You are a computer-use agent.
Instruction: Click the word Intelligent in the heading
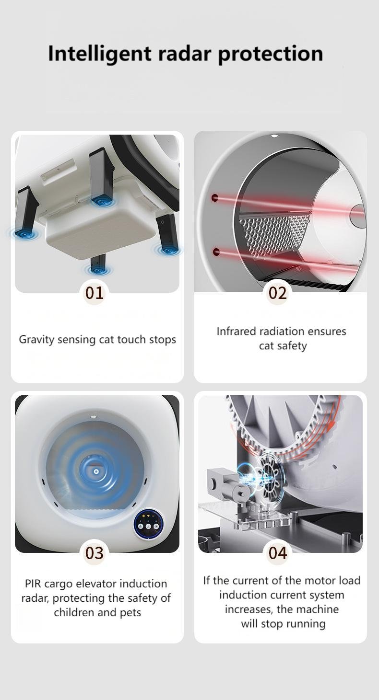pos(99,54)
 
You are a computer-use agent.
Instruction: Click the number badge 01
pos(94,293)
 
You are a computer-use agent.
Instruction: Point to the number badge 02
pos(277,293)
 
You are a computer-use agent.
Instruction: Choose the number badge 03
pos(94,553)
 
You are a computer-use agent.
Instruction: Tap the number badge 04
pos(277,553)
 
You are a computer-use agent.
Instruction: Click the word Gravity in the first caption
pos(36,340)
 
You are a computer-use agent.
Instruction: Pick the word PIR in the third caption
pos(33,584)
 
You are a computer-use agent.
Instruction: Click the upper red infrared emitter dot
pos(215,198)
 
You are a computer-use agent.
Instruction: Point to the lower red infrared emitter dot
pos(215,252)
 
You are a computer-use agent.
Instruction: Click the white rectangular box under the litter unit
pos(101,225)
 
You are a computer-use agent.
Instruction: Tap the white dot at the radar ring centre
pos(96,471)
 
